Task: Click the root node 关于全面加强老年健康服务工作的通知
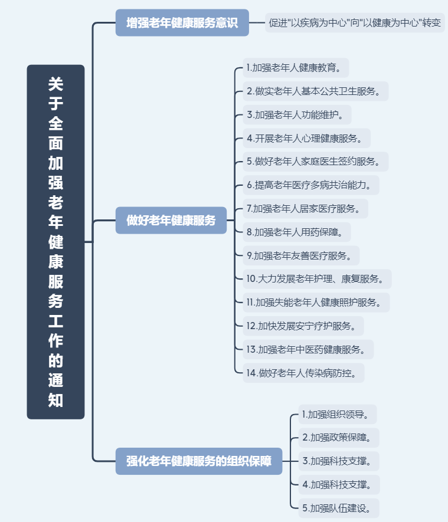55,242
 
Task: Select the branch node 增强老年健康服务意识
182,22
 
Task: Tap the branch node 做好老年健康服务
171,220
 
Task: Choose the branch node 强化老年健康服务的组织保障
199,461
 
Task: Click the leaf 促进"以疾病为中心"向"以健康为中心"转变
355,22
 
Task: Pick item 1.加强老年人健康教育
296,68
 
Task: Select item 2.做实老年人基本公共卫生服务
315,91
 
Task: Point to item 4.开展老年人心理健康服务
306,138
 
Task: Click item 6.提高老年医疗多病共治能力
311,185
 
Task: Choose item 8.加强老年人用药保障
297,232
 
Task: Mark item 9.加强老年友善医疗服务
301,255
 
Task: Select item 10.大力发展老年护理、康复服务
317,279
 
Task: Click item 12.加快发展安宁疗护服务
303,326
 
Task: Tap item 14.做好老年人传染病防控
303,373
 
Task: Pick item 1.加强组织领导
338,415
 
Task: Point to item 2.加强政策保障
339,438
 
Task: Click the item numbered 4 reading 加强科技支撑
339,485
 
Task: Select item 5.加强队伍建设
339,508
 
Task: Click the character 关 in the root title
55,84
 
